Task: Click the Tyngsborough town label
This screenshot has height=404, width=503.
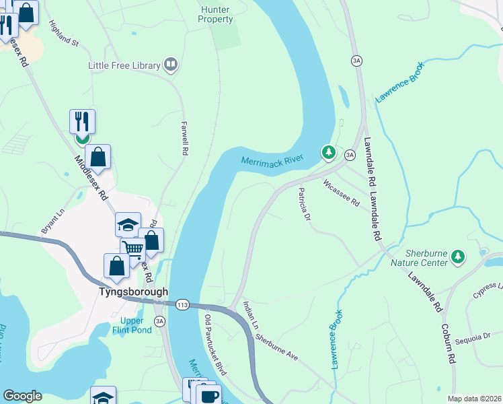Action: pos(133,292)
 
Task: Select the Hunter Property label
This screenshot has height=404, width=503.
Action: pos(215,14)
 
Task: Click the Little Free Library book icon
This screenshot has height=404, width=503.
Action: pos(171,65)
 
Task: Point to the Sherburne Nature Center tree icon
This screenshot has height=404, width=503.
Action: pos(458,257)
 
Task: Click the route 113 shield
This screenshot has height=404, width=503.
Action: pos(182,305)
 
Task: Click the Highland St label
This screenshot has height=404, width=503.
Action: pos(64,33)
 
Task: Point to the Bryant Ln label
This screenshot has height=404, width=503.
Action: pos(52,221)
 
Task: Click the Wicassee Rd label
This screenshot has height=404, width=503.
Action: pos(341,193)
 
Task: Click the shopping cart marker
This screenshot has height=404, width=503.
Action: pos(133,250)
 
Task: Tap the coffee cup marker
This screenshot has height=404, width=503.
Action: pos(208,396)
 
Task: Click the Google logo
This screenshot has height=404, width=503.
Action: pos(22,396)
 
